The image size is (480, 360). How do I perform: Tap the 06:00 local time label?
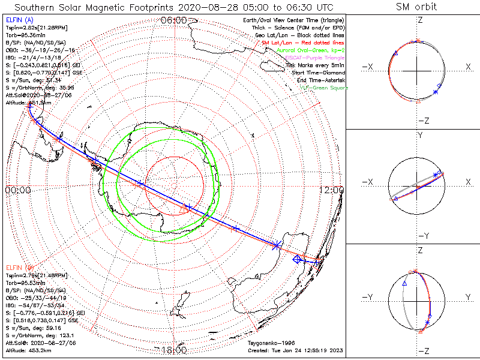(175, 20)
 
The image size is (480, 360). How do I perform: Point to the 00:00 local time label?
(17, 190)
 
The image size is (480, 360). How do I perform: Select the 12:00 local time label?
(331, 190)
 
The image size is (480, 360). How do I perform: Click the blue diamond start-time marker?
(296, 260)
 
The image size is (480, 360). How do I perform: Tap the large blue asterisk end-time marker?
(277, 245)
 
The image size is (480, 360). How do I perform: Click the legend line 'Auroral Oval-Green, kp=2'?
(310, 50)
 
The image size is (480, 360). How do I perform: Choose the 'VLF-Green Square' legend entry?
(323, 88)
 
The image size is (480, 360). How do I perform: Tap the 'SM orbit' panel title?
(416, 7)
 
